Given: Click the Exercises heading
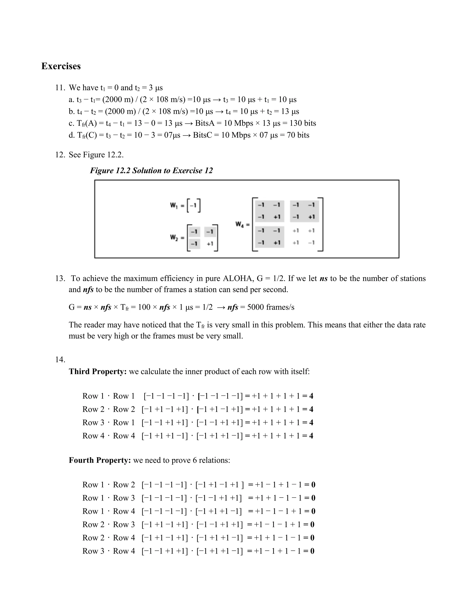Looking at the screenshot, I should pos(61,66).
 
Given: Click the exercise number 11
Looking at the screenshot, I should pos(60,88).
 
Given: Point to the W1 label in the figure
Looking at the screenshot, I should pos(174,205).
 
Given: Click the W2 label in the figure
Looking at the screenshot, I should pos(174,237).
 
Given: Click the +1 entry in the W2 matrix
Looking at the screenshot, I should pos(210,244).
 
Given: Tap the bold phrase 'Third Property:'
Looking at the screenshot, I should pos(98,372).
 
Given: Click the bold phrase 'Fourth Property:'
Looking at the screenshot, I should pos(100,460).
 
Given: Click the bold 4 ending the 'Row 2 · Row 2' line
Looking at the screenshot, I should pos(311,409).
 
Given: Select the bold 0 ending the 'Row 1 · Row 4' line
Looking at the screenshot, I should pos(313,511).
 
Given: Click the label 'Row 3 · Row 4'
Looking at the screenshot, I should pos(109,551).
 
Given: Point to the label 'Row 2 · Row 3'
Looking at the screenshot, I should pos(109,524).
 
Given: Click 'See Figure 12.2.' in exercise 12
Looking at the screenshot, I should pos(96,155).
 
